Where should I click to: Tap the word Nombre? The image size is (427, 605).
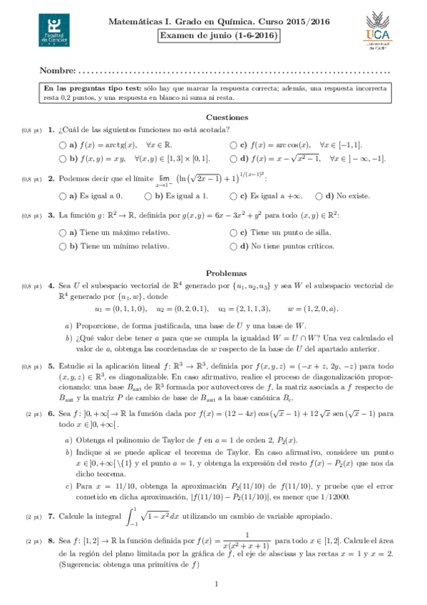57,71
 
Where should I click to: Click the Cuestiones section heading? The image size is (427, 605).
227,117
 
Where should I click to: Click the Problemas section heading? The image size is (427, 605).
226,273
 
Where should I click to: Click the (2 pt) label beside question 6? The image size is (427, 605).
33,413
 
